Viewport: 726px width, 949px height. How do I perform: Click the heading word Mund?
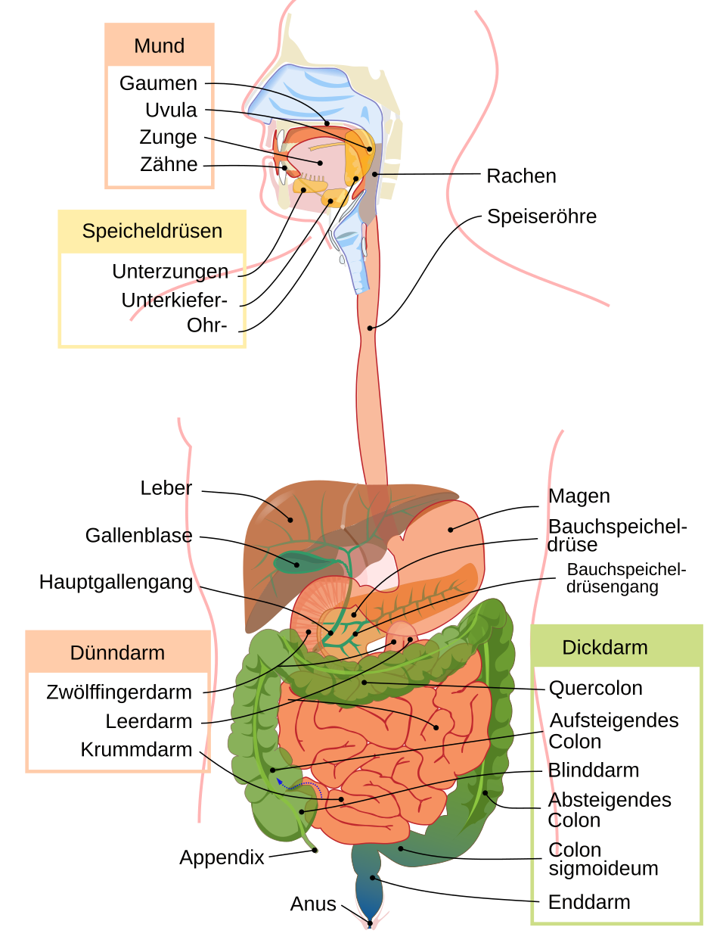click(159, 46)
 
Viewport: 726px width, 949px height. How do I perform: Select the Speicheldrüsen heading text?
click(152, 231)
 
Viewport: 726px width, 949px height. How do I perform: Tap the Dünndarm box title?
click(117, 652)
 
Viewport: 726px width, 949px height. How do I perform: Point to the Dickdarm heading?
click(605, 648)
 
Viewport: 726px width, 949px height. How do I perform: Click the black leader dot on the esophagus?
click(371, 328)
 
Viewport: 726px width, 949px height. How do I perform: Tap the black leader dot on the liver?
click(291, 520)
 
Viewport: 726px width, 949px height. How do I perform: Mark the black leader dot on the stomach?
click(451, 529)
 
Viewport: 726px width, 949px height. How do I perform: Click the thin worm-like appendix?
click(309, 840)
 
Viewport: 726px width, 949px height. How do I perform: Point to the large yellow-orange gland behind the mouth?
click(361, 155)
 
